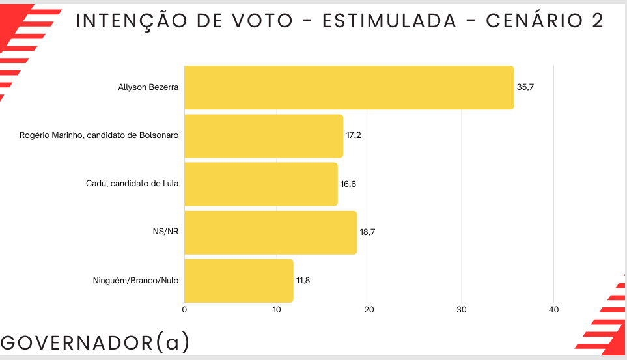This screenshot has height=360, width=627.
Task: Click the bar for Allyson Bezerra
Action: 349,87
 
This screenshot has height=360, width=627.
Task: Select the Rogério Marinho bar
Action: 264,135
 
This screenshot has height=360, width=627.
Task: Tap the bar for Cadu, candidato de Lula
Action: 261,184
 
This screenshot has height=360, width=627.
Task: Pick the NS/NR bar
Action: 271,232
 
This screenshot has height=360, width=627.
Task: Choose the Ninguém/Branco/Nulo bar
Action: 239,281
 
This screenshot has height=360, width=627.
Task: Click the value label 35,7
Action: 525,87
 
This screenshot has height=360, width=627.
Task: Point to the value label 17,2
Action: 354,135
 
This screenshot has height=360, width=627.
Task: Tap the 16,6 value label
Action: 348,184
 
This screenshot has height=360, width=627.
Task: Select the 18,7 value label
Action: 368,232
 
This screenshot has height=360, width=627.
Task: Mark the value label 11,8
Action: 304,281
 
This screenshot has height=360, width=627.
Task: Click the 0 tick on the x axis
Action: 185,310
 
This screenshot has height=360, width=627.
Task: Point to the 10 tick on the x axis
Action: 277,310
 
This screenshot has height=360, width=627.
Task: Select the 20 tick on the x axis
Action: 369,310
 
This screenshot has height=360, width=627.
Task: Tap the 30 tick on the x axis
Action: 462,310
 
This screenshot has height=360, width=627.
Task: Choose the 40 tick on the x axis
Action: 554,310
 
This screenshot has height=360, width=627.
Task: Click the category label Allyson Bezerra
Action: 148,87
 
